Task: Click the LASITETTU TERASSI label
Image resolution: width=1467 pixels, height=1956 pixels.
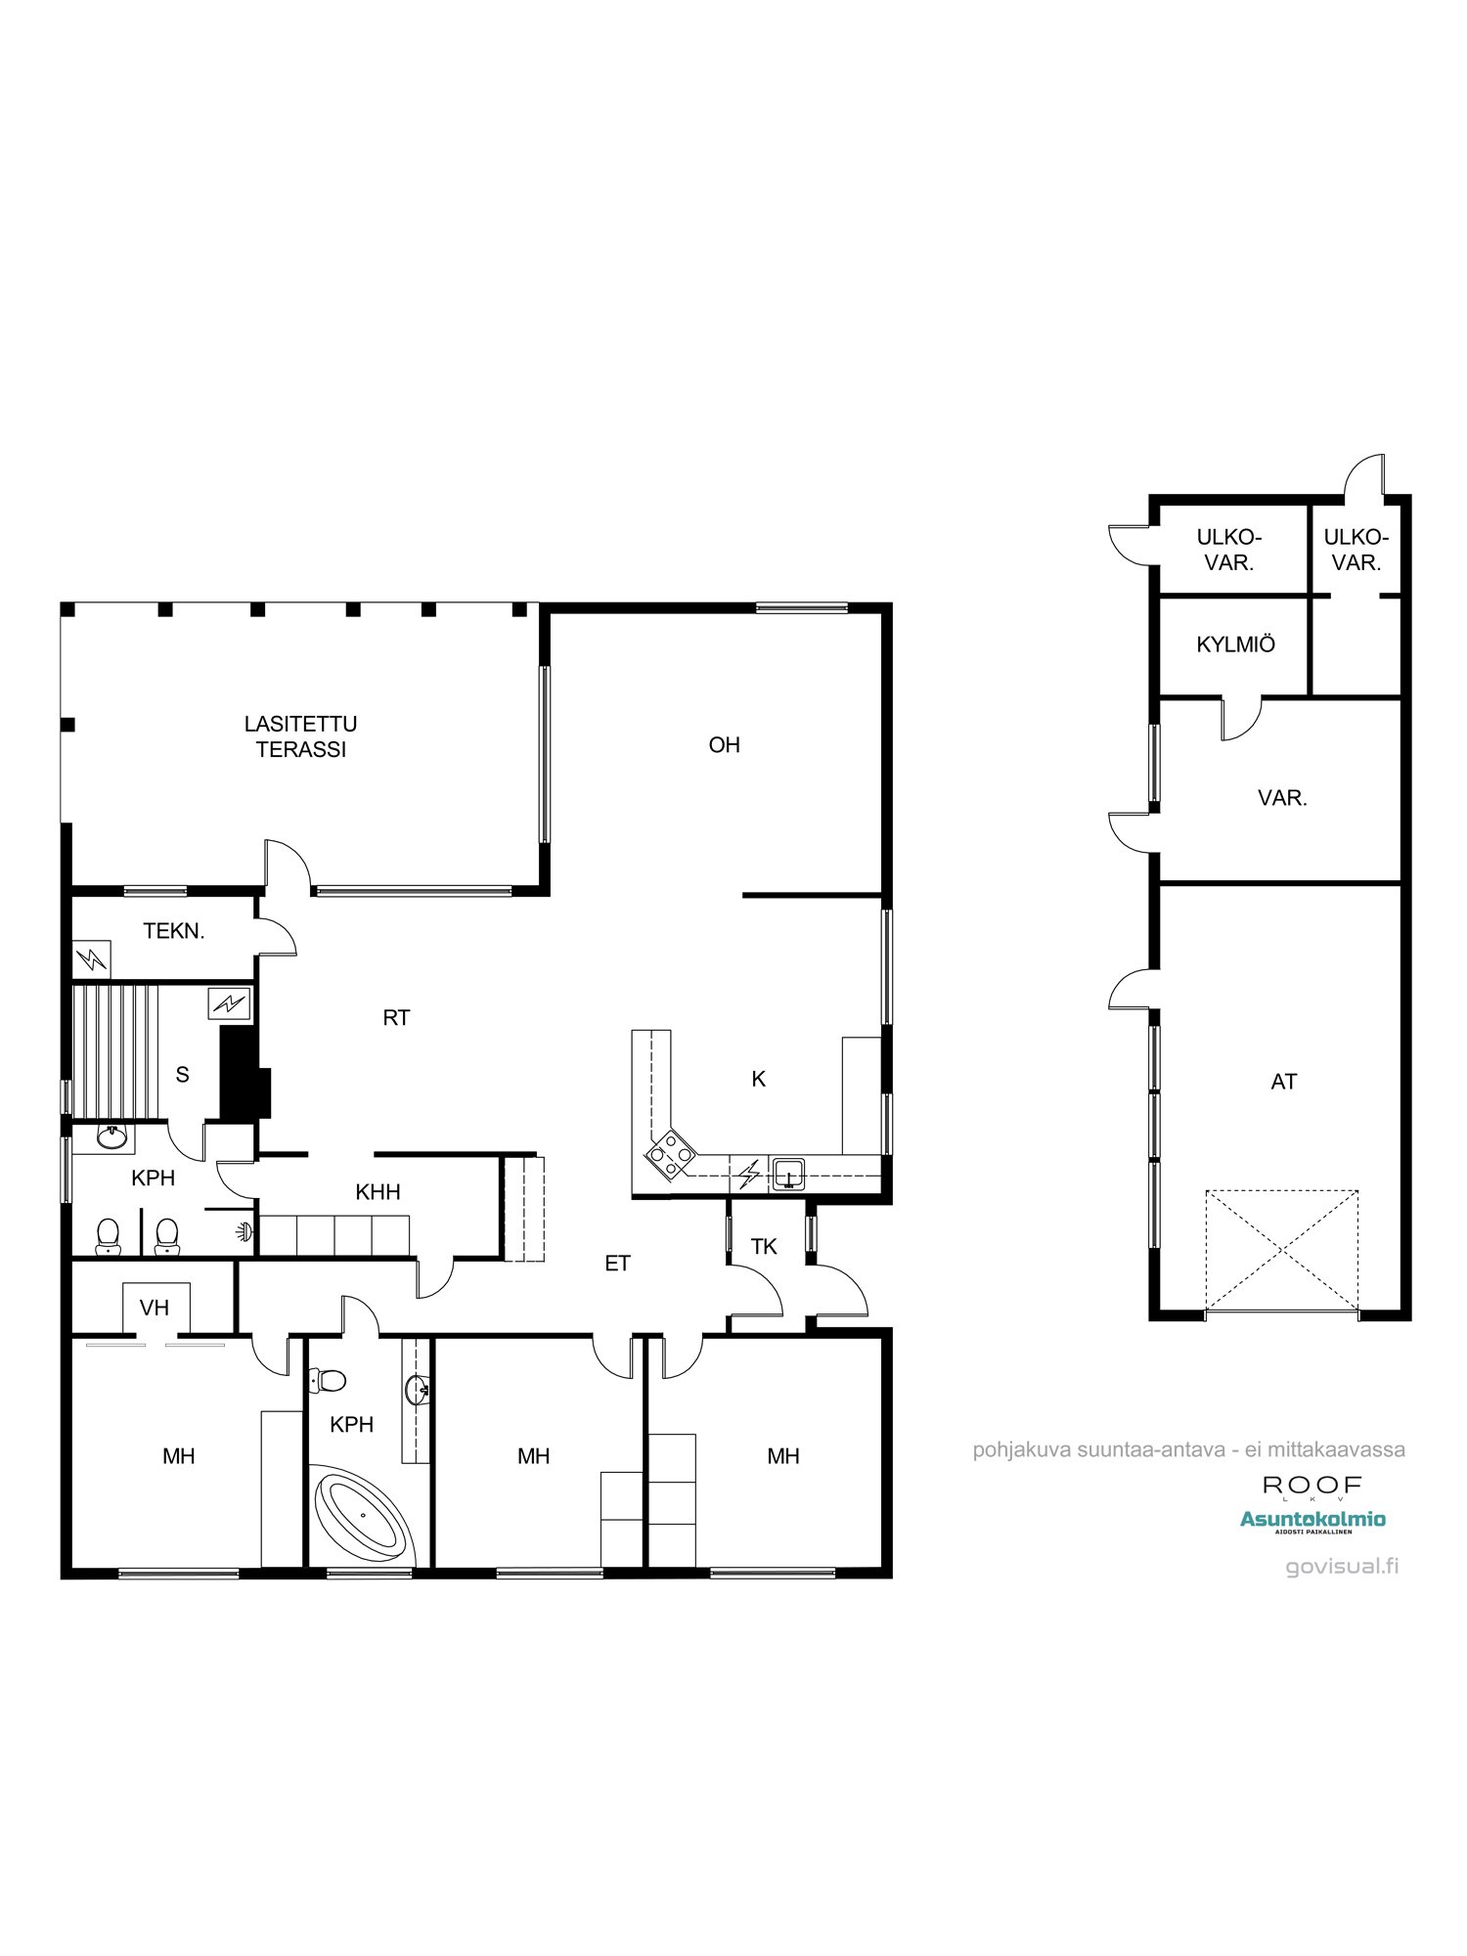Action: [300, 736]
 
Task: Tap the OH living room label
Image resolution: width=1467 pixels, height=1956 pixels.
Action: [724, 745]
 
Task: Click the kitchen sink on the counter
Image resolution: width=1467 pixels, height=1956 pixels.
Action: [788, 1173]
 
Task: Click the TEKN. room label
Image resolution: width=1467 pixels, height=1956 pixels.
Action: [174, 931]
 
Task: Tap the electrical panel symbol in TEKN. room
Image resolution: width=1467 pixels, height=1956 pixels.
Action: [92, 958]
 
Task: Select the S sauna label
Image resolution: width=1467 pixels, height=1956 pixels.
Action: [182, 1075]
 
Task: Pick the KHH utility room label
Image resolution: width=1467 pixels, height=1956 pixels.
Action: [378, 1192]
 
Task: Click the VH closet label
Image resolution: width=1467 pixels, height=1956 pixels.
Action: [155, 1308]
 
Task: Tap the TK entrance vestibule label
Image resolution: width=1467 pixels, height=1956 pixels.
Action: [764, 1246]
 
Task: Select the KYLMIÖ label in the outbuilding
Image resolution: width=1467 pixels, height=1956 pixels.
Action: [1235, 645]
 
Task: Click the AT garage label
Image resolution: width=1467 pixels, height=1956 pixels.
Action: [1283, 1082]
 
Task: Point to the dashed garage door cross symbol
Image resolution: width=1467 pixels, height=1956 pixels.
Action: [1281, 1249]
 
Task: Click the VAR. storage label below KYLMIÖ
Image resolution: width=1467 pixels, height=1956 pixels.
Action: [1282, 798]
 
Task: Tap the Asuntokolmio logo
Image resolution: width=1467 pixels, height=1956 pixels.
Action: [1312, 1520]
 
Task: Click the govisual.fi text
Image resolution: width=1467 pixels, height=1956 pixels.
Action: [1342, 1566]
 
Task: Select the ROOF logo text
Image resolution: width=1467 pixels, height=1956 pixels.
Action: [1311, 1486]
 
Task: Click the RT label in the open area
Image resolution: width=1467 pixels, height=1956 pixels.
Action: [396, 1018]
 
